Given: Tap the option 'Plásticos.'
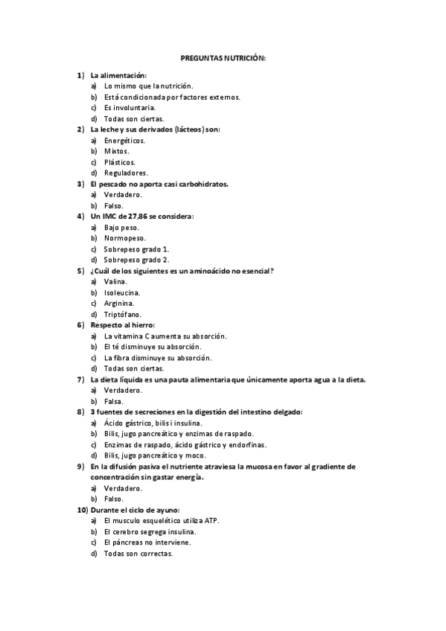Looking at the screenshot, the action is tap(119, 162).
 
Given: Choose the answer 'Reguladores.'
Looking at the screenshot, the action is tap(125, 173).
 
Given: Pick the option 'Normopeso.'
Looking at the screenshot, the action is tap(124, 238).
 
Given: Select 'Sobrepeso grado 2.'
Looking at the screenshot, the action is tap(136, 260).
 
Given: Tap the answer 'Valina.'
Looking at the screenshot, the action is tap(115, 281).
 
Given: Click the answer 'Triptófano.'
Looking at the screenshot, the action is tap(122, 314).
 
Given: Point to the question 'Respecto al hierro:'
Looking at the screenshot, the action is tap(122, 325).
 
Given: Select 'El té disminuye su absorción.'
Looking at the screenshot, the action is tap(153, 347).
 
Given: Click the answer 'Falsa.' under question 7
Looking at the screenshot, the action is tap(113, 401).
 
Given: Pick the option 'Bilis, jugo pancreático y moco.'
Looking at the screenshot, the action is tap(155, 455).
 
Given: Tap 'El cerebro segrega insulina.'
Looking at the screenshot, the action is tap(150, 532).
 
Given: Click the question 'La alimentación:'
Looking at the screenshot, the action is tap(118, 75).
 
